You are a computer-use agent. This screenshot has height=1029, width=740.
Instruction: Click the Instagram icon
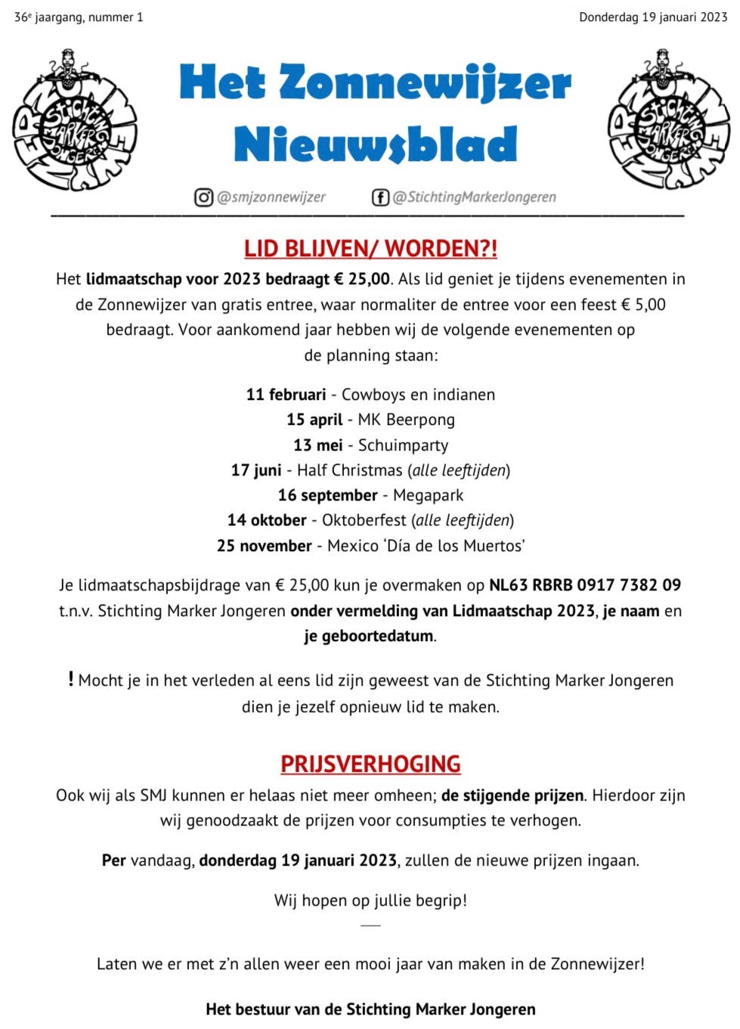coord(204,197)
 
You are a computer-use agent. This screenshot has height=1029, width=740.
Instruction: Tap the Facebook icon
coord(380,197)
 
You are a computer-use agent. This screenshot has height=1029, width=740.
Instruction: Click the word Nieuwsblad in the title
coord(376,144)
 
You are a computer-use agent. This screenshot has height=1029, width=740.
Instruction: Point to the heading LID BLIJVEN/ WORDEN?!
coord(370,249)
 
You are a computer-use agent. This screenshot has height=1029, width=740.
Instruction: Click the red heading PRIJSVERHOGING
coord(370,764)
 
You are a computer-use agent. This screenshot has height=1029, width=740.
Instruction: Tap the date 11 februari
coord(286,395)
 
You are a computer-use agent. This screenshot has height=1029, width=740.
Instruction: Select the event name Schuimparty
coord(403,445)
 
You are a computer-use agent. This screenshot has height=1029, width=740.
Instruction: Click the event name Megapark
coord(428,495)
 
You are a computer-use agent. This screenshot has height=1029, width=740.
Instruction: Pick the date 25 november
coord(264,546)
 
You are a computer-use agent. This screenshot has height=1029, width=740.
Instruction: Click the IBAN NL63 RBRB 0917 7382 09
coord(585,585)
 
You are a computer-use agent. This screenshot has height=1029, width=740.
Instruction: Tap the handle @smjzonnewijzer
coord(271,197)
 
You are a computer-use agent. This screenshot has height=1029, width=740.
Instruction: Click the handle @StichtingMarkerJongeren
coord(474,197)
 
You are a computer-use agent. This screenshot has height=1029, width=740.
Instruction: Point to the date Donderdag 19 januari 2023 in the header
coord(653,17)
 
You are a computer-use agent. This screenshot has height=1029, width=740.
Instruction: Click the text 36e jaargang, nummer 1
coord(79,17)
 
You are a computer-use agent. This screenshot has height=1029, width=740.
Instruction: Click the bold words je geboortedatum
coord(369,636)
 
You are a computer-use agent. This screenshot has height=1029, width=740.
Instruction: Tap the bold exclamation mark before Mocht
coord(71,679)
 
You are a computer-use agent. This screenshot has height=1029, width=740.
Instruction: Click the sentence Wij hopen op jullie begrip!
coord(370,900)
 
